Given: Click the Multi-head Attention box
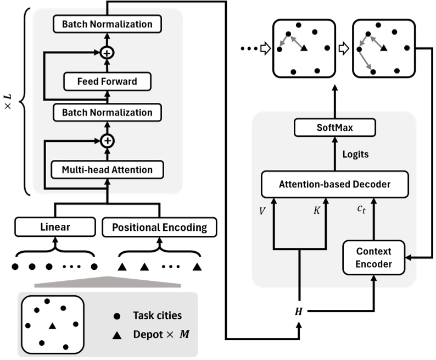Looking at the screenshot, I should click(x=107, y=170).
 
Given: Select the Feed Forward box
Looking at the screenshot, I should click(x=107, y=82).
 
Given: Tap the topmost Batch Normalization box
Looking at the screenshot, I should click(x=107, y=24).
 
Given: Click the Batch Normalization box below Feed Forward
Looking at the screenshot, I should click(x=107, y=112).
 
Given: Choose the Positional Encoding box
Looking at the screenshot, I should click(x=159, y=226).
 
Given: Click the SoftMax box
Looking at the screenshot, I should click(x=335, y=129).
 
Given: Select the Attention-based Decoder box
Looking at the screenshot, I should click(x=335, y=184).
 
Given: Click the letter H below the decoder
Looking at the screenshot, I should click(x=299, y=312).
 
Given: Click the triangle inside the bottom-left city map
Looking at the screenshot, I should click(x=52, y=326).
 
